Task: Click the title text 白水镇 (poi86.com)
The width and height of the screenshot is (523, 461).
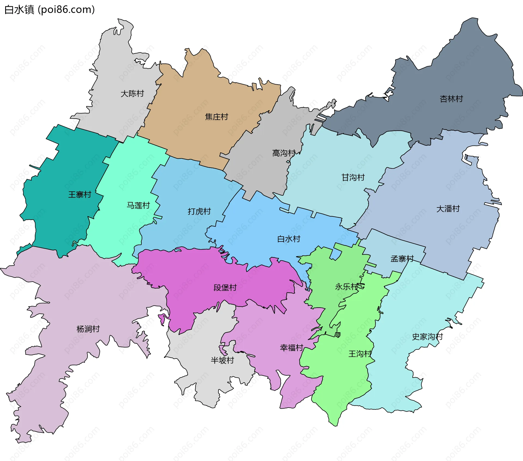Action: [x=50, y=10]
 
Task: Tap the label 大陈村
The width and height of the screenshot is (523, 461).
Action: [x=132, y=94]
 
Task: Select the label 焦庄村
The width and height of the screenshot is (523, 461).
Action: [x=217, y=117]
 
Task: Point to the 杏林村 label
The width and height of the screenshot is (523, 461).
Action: [x=451, y=99]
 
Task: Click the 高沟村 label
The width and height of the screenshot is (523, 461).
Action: [x=284, y=153]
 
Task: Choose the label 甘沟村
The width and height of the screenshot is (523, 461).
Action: [x=353, y=177]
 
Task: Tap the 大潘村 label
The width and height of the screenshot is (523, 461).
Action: [x=448, y=209]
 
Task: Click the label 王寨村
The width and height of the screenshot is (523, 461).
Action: [x=80, y=194]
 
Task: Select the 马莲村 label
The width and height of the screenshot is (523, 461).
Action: [x=138, y=205]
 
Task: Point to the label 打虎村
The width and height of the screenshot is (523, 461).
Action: [x=199, y=211]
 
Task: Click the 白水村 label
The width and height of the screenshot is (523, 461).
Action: [x=289, y=239]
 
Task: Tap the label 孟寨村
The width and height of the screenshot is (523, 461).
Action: [x=402, y=258]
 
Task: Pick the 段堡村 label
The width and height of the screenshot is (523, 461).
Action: [x=225, y=287]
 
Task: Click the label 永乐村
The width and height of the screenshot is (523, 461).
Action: [x=346, y=287]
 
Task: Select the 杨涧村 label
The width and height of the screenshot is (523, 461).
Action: [x=88, y=329]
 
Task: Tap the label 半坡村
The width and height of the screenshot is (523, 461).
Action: [x=222, y=360]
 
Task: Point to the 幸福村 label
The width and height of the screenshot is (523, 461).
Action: [x=291, y=348]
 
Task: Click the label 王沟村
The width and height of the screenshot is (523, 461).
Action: [x=360, y=354]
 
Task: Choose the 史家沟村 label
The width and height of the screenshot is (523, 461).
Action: [x=427, y=337]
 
